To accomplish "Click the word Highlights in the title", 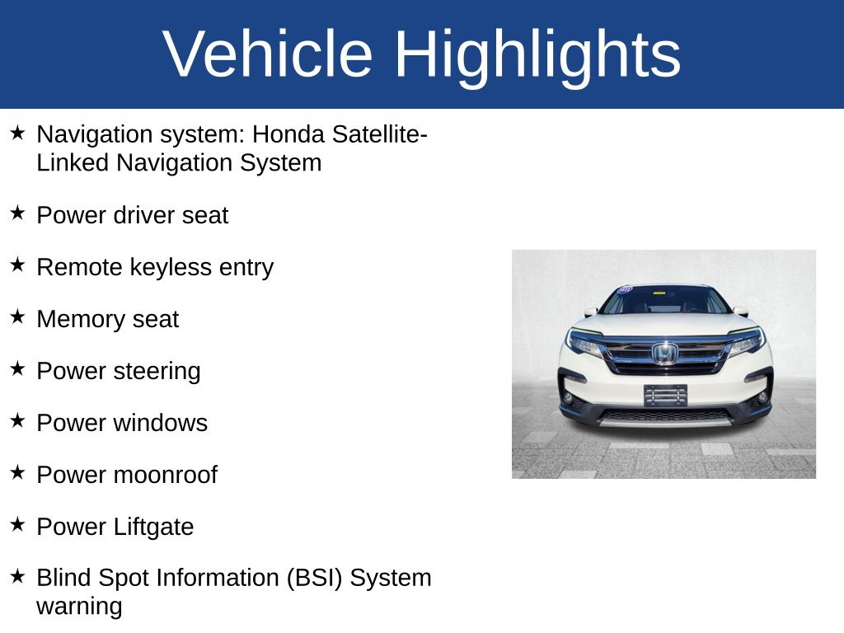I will coord(537,54).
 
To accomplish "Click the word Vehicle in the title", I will coord(268,54).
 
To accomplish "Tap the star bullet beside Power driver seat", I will coord(18,213).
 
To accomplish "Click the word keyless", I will coord(174,267).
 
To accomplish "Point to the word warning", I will coord(79,607).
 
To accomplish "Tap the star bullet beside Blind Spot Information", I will coord(18,575).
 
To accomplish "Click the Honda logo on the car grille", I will coord(664,354).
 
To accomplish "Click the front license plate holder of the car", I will coord(664,395).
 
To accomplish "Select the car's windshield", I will coord(664,301).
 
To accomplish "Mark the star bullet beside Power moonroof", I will coord(18,472).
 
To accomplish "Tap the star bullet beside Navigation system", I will coord(18,132).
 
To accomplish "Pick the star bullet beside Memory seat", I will coord(18,316).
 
